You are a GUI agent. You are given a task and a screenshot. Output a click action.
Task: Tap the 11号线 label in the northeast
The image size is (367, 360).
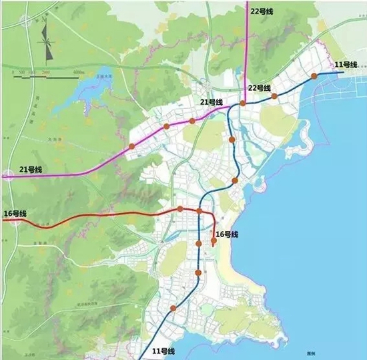(x=346, y=64)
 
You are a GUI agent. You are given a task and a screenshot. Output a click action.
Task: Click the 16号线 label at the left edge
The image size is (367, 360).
(x=15, y=214)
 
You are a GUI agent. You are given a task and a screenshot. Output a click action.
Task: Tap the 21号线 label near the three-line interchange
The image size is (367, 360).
(x=211, y=102)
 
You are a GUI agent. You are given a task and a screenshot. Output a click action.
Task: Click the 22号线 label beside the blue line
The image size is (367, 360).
(x=259, y=87)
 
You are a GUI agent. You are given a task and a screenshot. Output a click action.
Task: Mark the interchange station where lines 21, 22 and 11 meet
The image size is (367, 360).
(x=243, y=104)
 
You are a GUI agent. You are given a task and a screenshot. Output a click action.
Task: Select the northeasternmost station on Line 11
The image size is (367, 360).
(x=314, y=77)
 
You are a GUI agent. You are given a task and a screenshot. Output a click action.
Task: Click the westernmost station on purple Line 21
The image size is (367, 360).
(x=131, y=146)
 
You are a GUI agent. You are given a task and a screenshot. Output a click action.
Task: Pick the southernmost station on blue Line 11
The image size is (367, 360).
(x=173, y=308)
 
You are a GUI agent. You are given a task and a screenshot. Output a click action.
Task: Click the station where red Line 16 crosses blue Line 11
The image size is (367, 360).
(x=199, y=212)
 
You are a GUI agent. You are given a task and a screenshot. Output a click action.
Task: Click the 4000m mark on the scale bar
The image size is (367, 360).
(x=77, y=70)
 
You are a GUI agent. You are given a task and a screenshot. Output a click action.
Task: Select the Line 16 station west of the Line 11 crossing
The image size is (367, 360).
(x=180, y=210)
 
